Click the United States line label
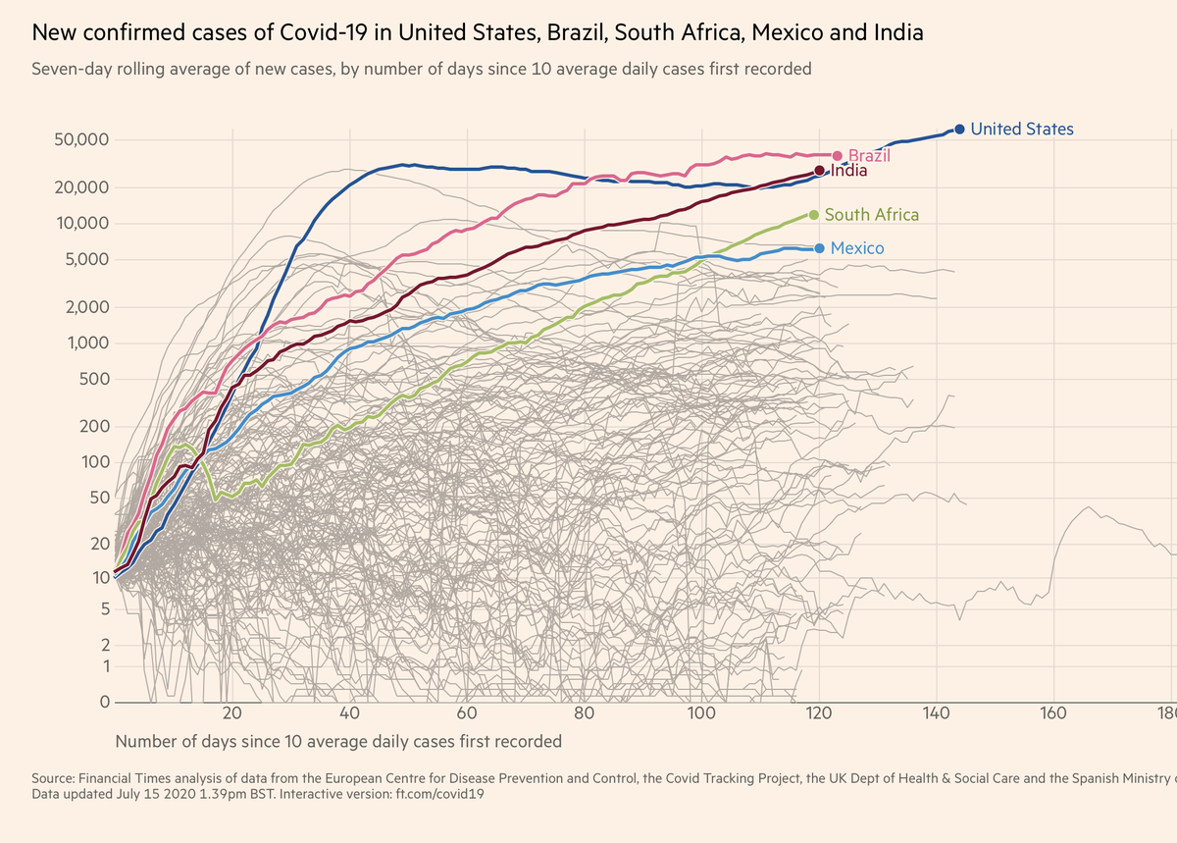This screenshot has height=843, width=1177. pyautogui.click(x=1021, y=129)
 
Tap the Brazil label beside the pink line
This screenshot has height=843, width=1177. pyautogui.click(x=868, y=155)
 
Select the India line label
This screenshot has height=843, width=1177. pyautogui.click(x=848, y=171)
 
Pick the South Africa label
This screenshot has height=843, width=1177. pyautogui.click(x=871, y=214)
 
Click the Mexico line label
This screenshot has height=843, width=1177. pyautogui.click(x=856, y=248)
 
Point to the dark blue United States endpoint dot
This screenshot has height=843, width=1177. pyautogui.click(x=960, y=129)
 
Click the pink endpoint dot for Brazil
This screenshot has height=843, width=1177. pyautogui.click(x=837, y=156)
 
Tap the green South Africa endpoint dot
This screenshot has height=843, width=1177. pyautogui.click(x=813, y=214)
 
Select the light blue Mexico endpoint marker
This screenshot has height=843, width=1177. pyautogui.click(x=819, y=248)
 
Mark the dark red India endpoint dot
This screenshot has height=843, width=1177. pyautogui.click(x=819, y=171)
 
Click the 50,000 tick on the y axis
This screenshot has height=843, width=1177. pyautogui.click(x=79, y=139)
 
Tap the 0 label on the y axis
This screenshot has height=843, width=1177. pyautogui.click(x=102, y=703)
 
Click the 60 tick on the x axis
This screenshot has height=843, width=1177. pyautogui.click(x=467, y=714)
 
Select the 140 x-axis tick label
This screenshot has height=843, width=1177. pyautogui.click(x=936, y=714)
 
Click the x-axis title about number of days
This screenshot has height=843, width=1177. pyautogui.click(x=338, y=741)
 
